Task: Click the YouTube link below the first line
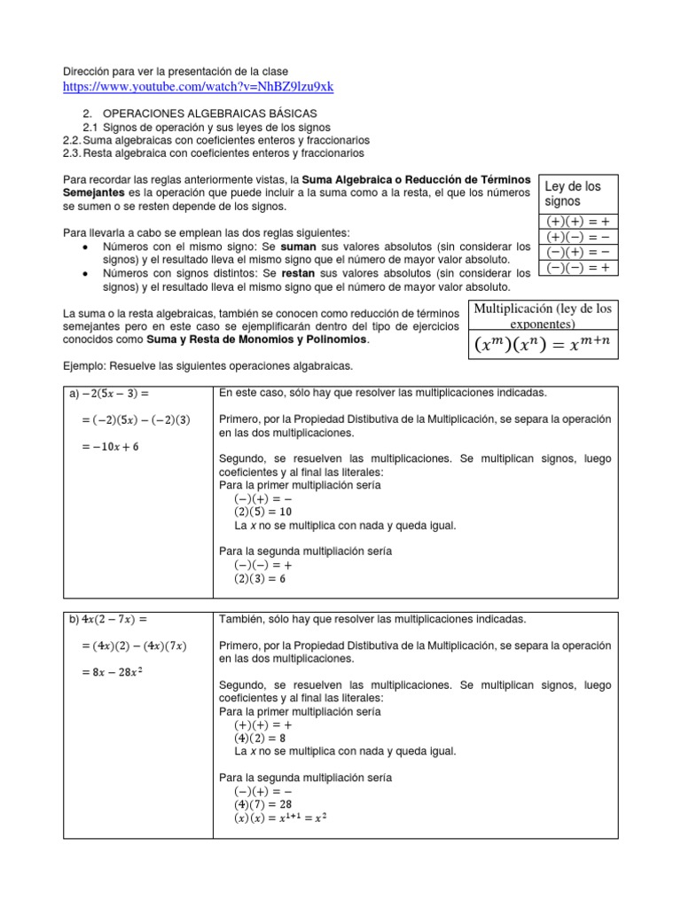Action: [x=198, y=86]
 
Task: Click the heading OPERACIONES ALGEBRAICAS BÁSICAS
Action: [x=204, y=114]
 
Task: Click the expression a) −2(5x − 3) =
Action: [x=107, y=393]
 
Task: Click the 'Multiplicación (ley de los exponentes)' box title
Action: [x=542, y=315]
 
